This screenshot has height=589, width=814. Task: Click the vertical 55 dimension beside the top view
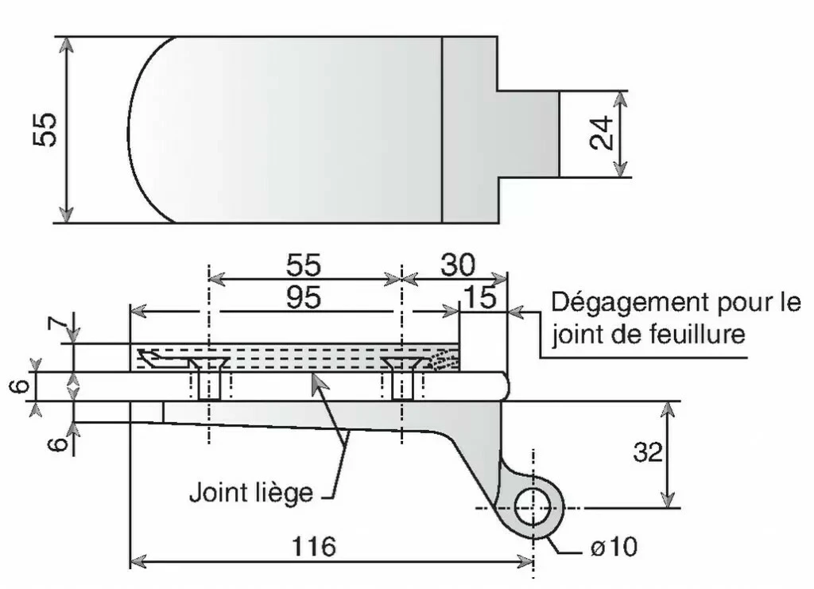[45, 130]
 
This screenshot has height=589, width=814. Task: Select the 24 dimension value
[603, 133]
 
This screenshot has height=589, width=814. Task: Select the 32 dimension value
[649, 451]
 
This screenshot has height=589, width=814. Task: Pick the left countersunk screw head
[208, 363]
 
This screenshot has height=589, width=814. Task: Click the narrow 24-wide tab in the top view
[528, 133]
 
